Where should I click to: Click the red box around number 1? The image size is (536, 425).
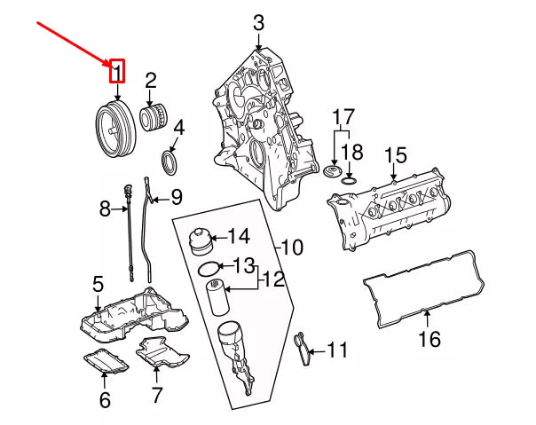pyautogui.click(x=116, y=71)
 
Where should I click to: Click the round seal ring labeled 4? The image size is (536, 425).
pyautogui.click(x=169, y=163)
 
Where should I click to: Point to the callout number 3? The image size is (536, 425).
pyautogui.click(x=258, y=23)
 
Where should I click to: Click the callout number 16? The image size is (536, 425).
pyautogui.click(x=430, y=340)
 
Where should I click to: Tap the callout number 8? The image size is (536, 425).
pyautogui.click(x=106, y=209)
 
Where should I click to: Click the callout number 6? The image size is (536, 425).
pyautogui.click(x=105, y=400)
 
